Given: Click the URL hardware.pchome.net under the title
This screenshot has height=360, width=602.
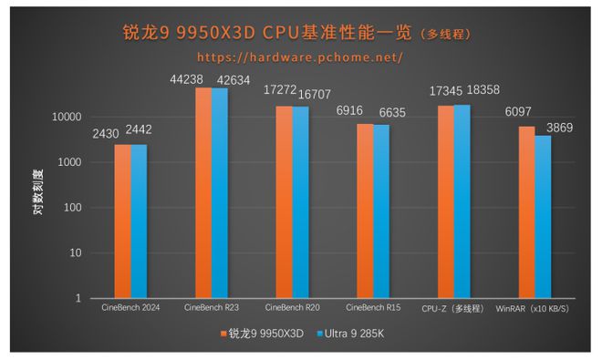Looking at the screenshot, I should (x=299, y=57).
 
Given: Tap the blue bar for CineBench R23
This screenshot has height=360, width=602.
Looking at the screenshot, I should (x=220, y=192).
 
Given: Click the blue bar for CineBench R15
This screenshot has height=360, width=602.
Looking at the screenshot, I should (x=380, y=211).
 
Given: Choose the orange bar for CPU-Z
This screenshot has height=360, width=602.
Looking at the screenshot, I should (x=446, y=201).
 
